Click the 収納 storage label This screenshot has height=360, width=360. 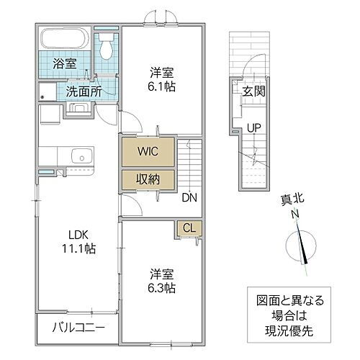[147, 179]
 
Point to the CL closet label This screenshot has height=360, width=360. [189, 228]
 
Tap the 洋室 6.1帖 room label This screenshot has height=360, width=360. [163, 79]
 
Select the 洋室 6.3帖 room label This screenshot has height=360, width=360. [163, 282]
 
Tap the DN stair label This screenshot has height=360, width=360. [189, 197]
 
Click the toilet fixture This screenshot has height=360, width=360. [107, 48]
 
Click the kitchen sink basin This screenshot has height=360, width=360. [78, 156]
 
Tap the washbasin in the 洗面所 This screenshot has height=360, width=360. [78, 109]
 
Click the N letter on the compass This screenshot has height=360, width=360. [294, 215]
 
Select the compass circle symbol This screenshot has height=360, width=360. [300, 247]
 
